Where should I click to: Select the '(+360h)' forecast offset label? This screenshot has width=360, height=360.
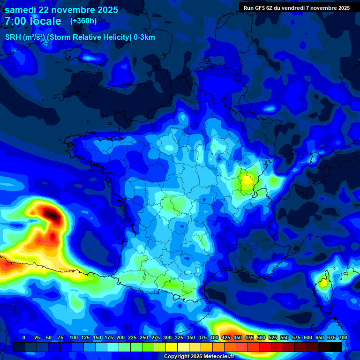point(83,21)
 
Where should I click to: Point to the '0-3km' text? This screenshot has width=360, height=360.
point(144,37)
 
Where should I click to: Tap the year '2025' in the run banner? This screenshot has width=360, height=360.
point(340,8)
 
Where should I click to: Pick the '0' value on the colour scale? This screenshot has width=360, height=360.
point(24,337)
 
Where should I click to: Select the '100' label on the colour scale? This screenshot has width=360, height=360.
point(74,337)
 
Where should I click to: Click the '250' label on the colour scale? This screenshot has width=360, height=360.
point(144,337)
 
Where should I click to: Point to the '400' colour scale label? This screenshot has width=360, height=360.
point(214,337)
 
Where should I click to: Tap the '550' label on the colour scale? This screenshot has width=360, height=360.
point(285,337)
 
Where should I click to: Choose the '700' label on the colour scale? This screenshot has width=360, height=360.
point(343,337)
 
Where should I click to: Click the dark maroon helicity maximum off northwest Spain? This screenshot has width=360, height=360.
point(53,216)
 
